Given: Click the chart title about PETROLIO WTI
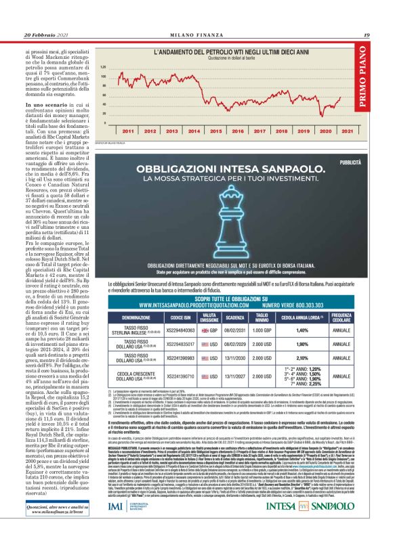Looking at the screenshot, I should click(x=228, y=51).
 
